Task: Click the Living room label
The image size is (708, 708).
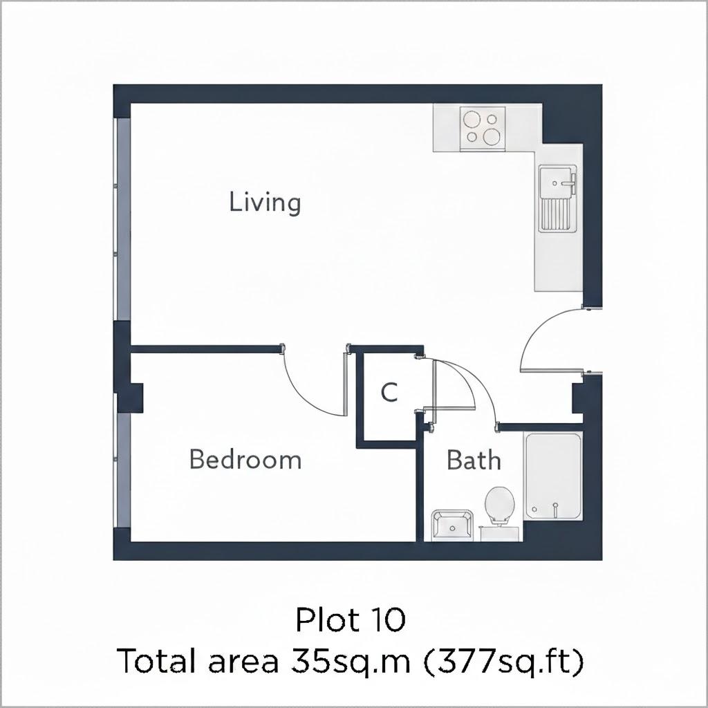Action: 265,203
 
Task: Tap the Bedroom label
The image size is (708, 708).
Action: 245,460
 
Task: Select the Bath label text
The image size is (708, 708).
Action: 474,460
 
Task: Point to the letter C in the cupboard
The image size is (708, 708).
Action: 389,392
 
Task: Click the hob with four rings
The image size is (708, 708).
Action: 483,129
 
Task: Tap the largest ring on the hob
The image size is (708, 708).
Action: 492,136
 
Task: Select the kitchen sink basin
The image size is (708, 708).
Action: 557,182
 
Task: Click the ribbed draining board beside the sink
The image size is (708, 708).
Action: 557,215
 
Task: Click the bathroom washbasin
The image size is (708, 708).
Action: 452,525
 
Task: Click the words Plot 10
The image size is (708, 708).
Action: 351,619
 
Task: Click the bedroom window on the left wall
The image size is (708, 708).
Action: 123,470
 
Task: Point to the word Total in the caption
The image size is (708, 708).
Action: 158,660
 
